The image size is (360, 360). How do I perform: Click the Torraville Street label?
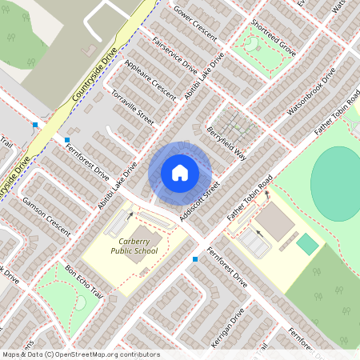point(133,106)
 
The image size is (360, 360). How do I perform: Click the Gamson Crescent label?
point(46,209)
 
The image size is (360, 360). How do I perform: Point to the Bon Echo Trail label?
point(85,281)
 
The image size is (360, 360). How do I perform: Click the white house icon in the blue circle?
point(180,172)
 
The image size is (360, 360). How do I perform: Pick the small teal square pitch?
point(307,243)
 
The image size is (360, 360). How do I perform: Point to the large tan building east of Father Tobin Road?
point(277,222)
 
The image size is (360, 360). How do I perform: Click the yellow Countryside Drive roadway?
point(96,80)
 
